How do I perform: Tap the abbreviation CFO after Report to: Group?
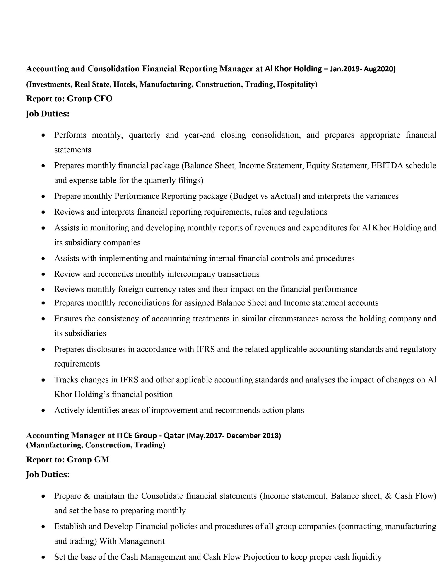(103, 99)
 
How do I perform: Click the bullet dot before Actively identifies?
(43, 411)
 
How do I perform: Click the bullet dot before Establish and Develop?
(43, 527)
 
